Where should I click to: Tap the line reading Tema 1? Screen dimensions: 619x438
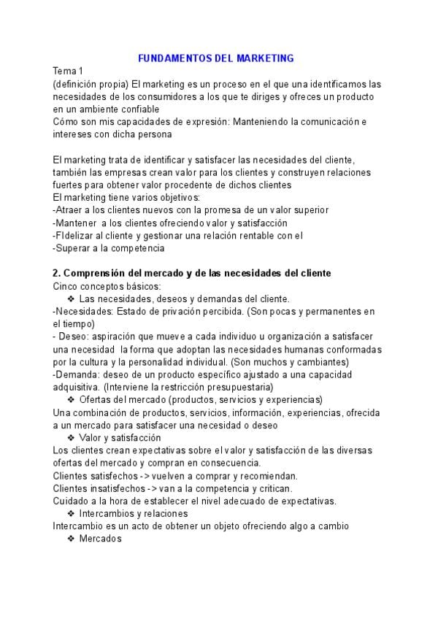tap(69, 71)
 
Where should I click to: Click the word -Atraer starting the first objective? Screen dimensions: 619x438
tap(68, 210)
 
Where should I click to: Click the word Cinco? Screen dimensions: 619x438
tap(66, 286)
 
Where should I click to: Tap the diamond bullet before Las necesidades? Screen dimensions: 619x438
tap(71, 299)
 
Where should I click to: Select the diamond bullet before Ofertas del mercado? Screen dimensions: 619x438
tap(71, 400)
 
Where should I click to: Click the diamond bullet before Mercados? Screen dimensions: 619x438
tap(71, 539)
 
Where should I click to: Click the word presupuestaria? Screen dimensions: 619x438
tap(239, 387)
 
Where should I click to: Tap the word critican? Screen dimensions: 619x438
tap(272, 488)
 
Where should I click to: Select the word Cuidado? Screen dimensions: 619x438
tap(72, 501)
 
